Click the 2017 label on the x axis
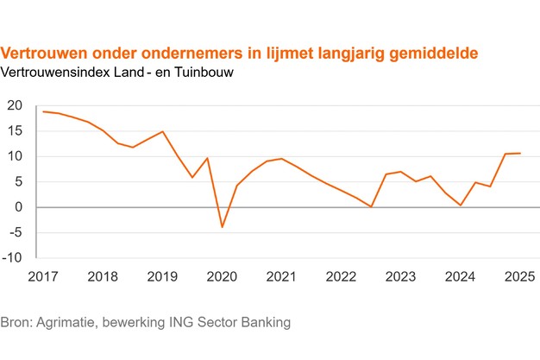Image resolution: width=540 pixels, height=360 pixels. pos(44,277)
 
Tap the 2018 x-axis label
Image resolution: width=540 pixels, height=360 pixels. pos(104,277)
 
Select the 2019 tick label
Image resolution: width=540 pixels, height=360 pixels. pos(163,277)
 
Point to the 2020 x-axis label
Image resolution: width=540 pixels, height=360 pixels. pos(223,277)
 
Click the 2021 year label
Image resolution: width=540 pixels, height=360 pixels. pos(282,277)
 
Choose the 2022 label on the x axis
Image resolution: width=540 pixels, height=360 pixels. pos(342,277)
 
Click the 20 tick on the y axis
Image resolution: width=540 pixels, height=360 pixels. pos(14,105)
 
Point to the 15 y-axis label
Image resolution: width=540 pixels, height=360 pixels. pos(14,131)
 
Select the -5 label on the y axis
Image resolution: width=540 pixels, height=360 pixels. pos(16,232)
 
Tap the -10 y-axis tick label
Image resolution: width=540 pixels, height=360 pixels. pos(14,257)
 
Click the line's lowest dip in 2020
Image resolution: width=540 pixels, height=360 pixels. pos(222,227)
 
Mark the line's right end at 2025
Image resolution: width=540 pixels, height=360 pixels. pos(520,154)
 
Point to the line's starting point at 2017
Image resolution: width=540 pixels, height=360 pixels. pos(42,111)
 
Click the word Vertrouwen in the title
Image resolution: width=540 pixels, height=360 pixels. pos(44,54)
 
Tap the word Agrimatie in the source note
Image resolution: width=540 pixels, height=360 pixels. pos(65,323)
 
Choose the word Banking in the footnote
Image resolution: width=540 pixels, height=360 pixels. pos(265,323)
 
